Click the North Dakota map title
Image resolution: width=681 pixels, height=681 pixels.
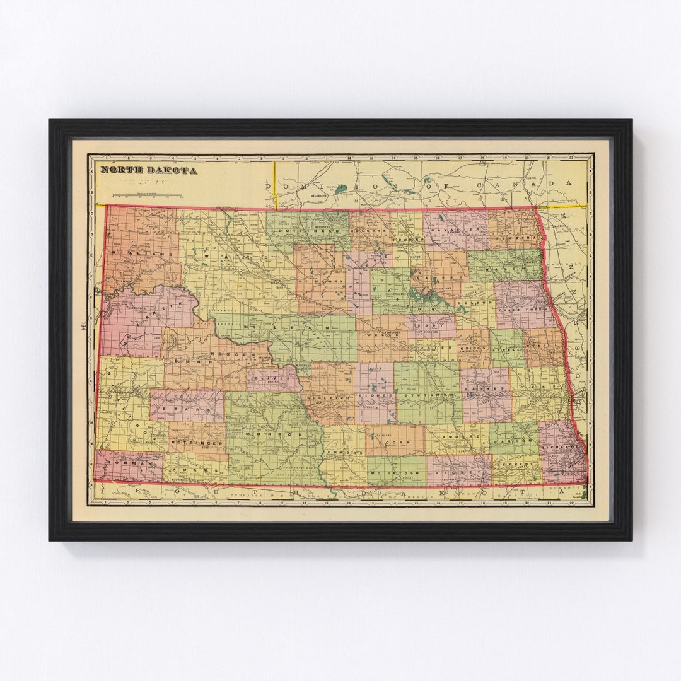tap(149, 170)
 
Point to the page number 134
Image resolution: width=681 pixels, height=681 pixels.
tap(83, 328)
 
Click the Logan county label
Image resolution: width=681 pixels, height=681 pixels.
tap(395, 443)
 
